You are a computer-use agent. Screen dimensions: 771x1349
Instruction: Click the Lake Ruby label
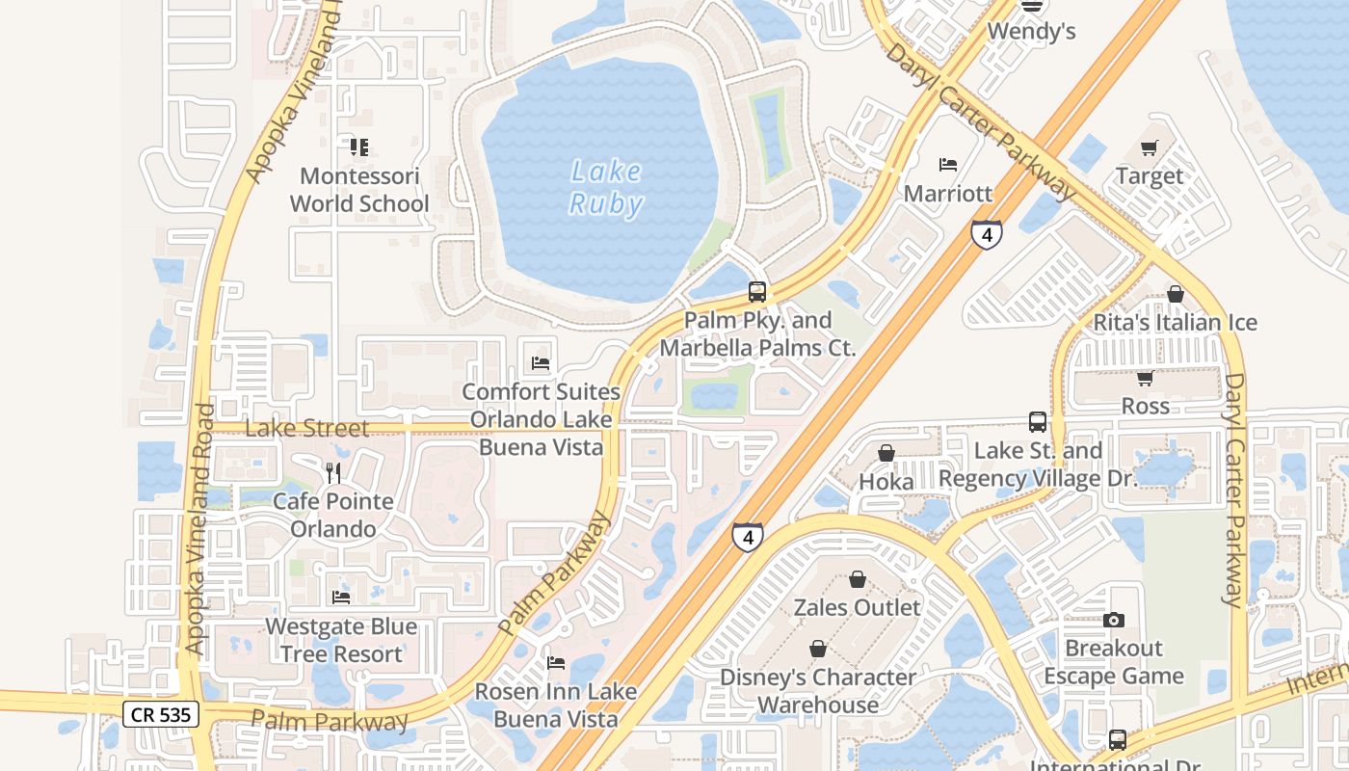click(x=605, y=187)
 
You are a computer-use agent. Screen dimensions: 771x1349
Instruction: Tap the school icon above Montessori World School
click(x=358, y=147)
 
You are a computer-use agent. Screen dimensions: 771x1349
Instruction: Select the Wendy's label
click(x=1031, y=32)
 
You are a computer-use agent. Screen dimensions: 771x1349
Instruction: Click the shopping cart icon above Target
click(x=1149, y=147)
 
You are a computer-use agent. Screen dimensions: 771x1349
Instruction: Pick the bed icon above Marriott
click(x=948, y=165)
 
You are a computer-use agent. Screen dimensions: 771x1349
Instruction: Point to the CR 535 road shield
click(x=161, y=714)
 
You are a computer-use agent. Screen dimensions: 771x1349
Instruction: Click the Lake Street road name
click(x=306, y=428)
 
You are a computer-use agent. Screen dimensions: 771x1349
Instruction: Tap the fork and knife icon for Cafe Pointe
click(x=333, y=472)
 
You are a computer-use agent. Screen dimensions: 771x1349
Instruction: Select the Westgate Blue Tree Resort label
click(x=341, y=640)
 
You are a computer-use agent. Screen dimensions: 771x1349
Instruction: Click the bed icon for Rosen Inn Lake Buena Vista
click(x=556, y=663)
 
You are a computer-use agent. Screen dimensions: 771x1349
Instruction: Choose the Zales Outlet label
click(x=857, y=607)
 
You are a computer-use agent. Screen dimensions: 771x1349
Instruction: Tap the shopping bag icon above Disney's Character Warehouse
click(x=818, y=649)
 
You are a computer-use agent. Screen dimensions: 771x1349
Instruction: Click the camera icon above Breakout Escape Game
click(x=1114, y=620)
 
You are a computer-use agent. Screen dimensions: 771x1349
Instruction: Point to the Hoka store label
click(x=886, y=480)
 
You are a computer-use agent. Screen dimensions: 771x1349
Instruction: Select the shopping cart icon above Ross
click(x=1145, y=378)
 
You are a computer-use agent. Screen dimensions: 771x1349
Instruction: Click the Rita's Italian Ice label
click(x=1175, y=322)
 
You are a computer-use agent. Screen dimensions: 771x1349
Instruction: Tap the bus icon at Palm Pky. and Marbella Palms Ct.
click(x=757, y=291)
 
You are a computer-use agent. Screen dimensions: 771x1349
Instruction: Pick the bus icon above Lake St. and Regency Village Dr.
click(x=1037, y=422)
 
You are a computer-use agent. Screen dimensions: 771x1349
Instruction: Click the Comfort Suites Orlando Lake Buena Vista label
click(x=541, y=419)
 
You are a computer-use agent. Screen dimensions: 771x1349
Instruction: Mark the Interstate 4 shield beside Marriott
click(x=986, y=234)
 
